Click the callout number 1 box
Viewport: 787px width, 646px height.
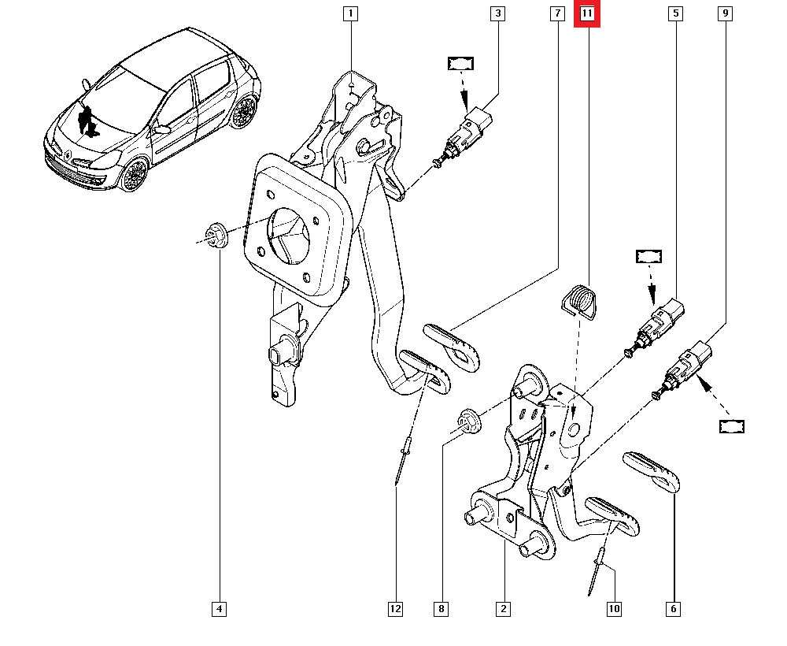(x=349, y=13)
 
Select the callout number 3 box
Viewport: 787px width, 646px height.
(x=497, y=13)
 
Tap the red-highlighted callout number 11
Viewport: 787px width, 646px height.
(x=587, y=13)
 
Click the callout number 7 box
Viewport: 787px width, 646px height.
(x=556, y=13)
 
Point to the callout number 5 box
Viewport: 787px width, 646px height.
(x=675, y=13)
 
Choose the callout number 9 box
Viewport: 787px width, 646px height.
(x=725, y=13)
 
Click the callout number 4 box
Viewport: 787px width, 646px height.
(x=220, y=608)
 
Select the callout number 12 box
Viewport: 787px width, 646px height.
(x=394, y=608)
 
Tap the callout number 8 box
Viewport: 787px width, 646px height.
(x=442, y=608)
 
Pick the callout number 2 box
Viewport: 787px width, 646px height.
(x=502, y=608)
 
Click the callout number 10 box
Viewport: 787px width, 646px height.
(x=614, y=608)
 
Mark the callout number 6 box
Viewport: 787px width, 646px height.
(x=674, y=608)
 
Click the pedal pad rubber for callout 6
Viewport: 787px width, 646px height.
(x=651, y=471)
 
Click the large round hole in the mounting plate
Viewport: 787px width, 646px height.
(x=290, y=236)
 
